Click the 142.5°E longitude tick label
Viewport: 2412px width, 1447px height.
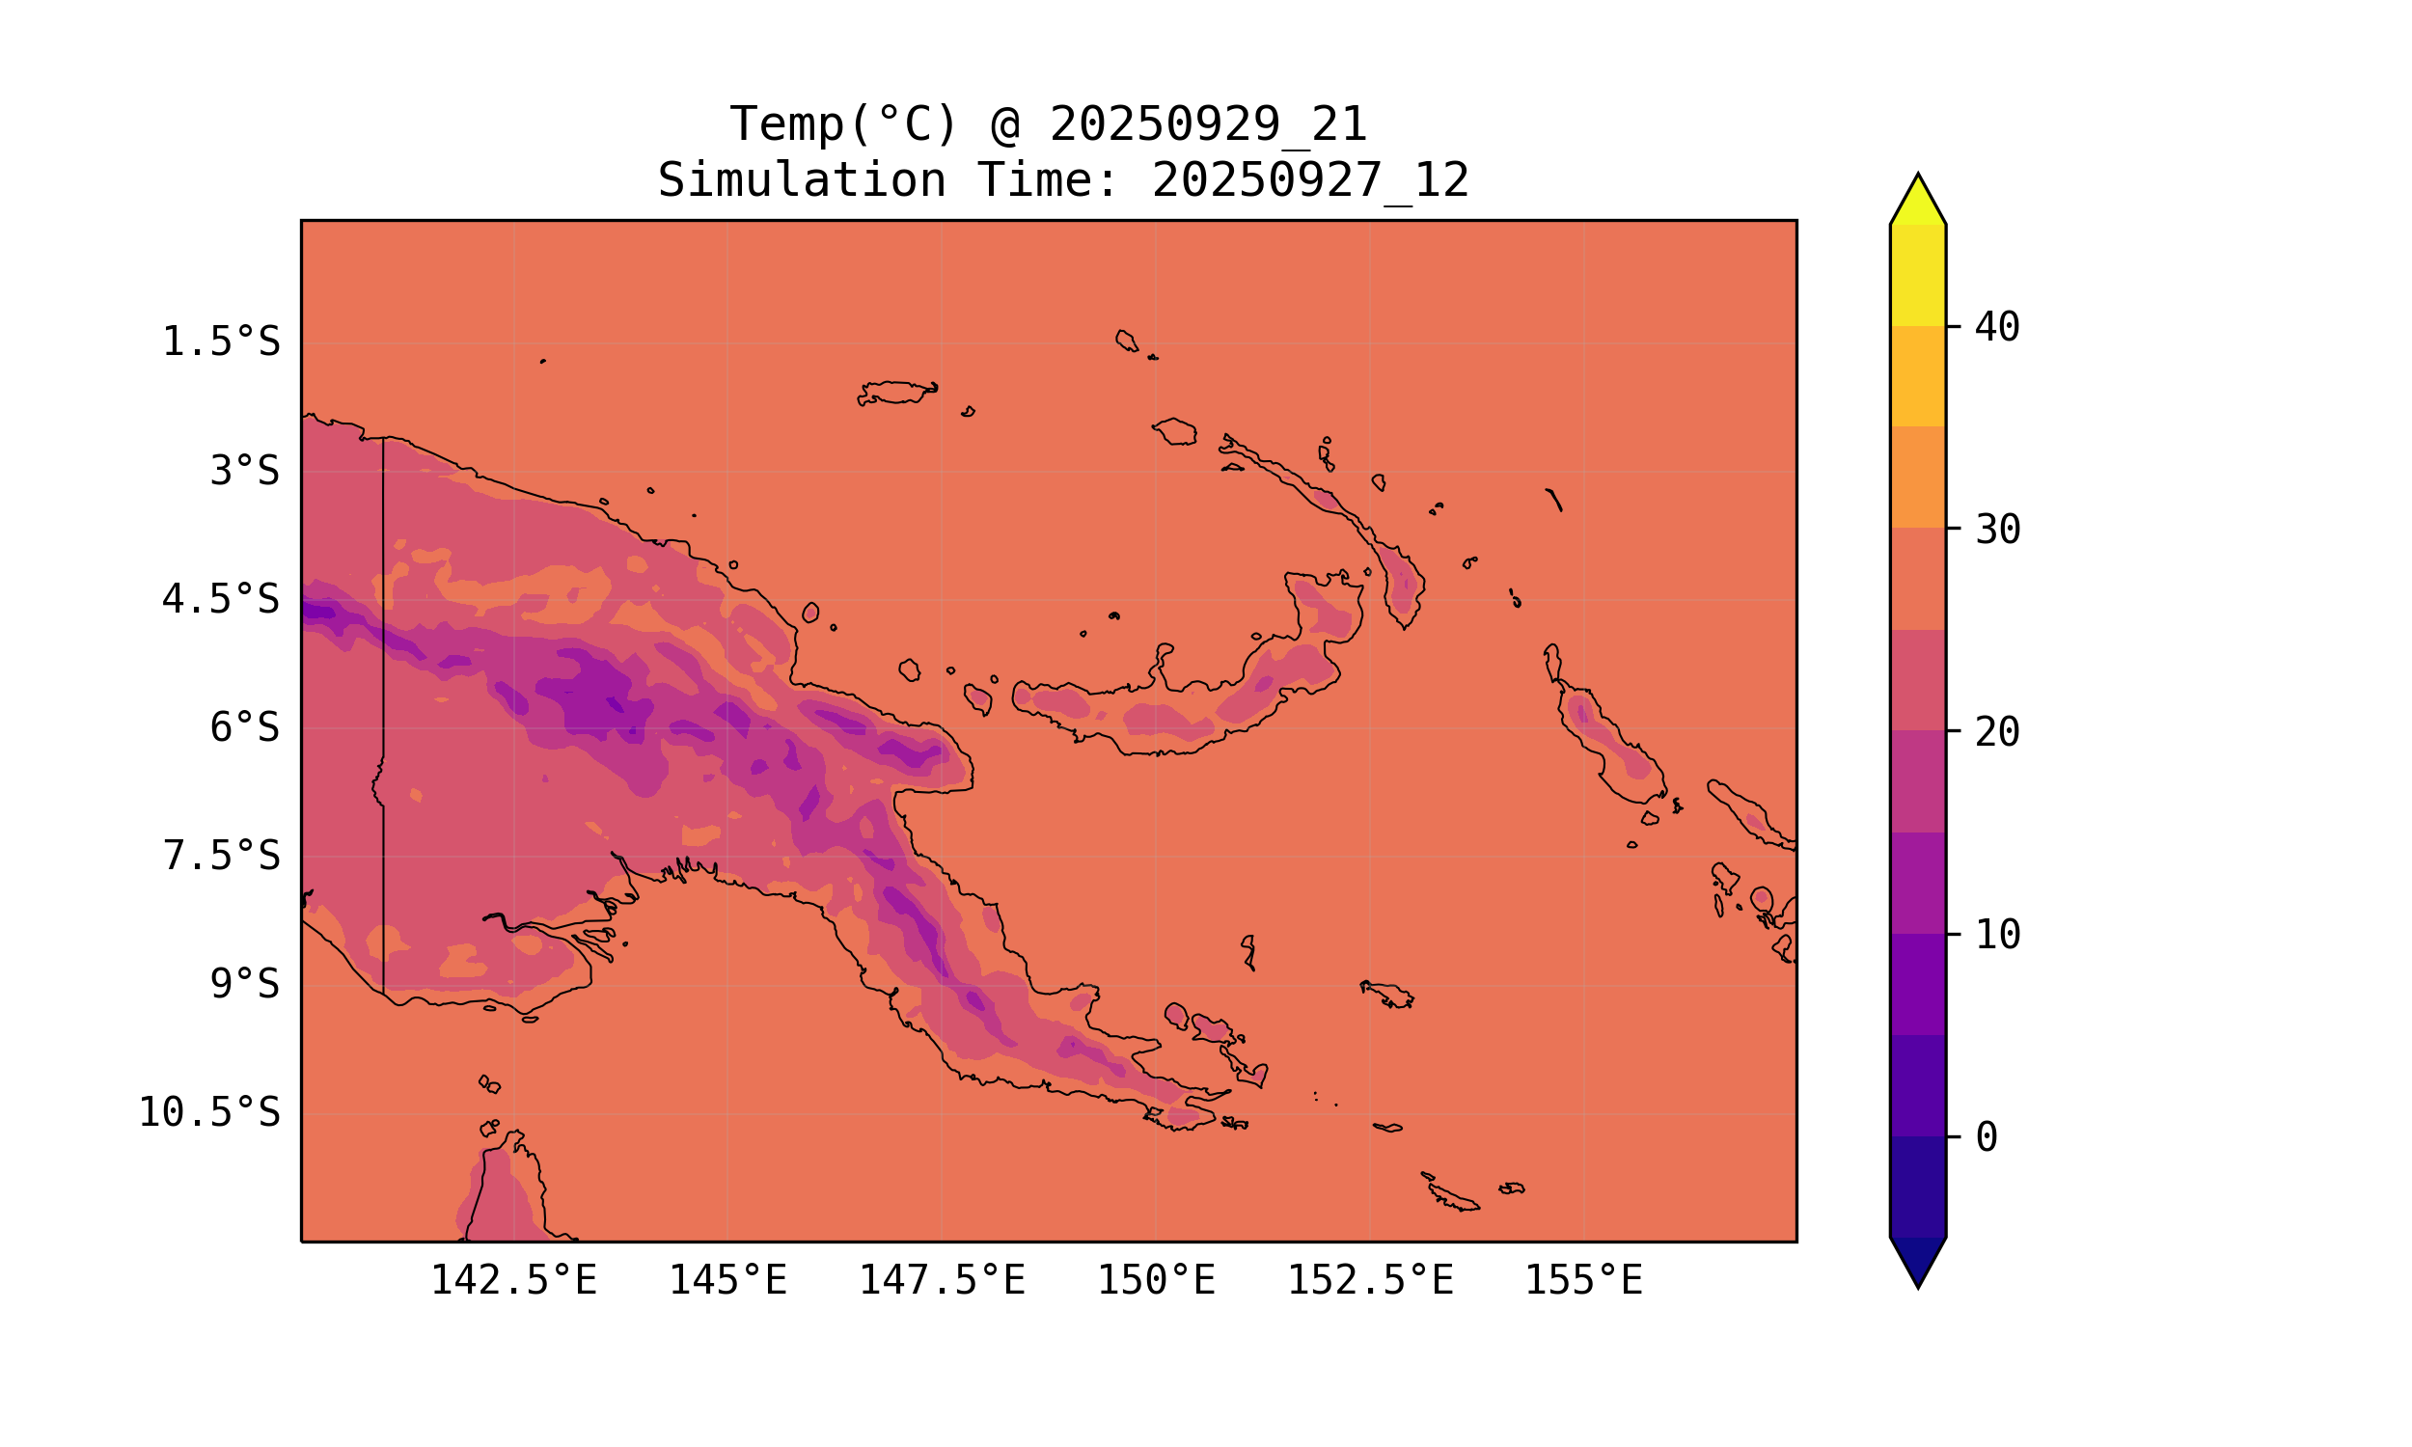(514, 1281)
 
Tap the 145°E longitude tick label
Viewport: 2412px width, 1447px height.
(727, 1281)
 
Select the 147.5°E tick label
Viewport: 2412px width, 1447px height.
(942, 1281)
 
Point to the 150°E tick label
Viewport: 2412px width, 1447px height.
(1156, 1281)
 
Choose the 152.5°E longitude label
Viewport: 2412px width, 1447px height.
(1370, 1281)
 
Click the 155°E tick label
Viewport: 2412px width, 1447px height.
(1583, 1281)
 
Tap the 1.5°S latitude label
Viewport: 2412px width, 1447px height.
(220, 343)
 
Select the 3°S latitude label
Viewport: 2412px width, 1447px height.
(245, 472)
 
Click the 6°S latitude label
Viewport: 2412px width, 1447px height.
(245, 728)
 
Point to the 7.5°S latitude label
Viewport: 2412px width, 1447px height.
(220, 857)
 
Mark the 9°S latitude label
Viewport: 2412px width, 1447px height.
(245, 985)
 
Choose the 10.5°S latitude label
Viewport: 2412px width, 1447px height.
(208, 1113)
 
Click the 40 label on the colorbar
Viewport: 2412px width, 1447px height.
(1998, 328)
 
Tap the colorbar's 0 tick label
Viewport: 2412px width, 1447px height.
(1986, 1138)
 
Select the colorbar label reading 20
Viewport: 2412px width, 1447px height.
(1998, 732)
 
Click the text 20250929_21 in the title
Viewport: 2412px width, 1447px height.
(1208, 125)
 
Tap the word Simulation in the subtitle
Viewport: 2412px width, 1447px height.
(802, 181)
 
